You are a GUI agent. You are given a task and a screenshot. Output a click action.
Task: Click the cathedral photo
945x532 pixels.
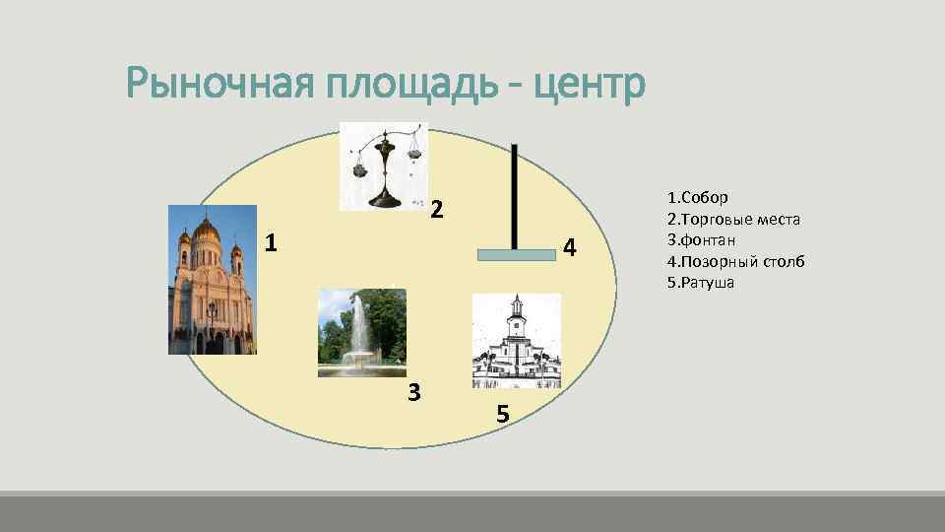[x=212, y=280]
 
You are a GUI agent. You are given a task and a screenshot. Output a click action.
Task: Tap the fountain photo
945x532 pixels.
[x=362, y=333]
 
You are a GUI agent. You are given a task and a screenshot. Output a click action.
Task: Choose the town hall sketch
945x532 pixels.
[x=517, y=341]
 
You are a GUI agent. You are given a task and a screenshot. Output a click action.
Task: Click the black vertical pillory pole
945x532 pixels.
[x=514, y=196]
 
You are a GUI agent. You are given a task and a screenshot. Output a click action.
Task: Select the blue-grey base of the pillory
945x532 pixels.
[x=517, y=254]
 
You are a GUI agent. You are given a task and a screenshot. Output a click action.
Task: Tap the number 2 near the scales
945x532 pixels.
[x=438, y=208]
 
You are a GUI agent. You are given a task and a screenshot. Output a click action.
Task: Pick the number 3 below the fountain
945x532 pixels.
[x=414, y=392]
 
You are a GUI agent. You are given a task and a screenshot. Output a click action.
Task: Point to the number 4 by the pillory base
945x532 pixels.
[x=570, y=246]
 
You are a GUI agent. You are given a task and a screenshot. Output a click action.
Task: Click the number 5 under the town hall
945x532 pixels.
[x=503, y=415]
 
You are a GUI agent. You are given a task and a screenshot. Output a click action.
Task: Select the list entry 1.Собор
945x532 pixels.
[x=698, y=197]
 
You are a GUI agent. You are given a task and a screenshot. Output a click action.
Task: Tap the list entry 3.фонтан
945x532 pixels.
[x=701, y=239]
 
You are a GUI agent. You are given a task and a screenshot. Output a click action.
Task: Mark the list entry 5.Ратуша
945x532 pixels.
[x=700, y=282]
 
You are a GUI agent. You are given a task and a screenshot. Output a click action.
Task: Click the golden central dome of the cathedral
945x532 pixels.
[x=207, y=231]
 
